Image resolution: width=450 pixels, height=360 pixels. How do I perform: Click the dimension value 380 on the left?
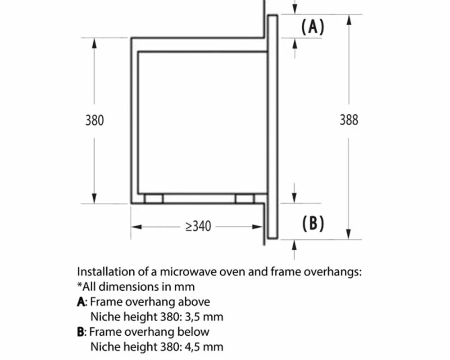pos(94,120)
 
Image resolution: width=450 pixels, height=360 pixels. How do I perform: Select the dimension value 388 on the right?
pos(349,120)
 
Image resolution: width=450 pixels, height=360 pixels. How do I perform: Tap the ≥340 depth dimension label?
pos(198,226)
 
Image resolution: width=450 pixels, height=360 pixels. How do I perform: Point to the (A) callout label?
pos(313,27)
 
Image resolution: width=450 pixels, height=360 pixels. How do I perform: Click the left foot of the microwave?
pos(154,198)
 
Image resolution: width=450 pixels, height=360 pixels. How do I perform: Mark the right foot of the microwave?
pos(245,198)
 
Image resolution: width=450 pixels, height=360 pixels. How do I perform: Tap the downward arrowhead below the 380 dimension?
pos(94,198)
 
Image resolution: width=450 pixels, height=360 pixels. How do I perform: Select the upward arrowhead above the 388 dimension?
pos(349,20)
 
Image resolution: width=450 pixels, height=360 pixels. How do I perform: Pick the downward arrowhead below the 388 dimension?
pos(349,234)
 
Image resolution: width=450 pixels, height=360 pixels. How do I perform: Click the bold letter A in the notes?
pos(81,302)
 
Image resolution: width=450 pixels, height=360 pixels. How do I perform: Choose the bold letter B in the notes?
pos(81,332)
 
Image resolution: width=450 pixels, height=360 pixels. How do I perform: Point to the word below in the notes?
pos(195,332)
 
